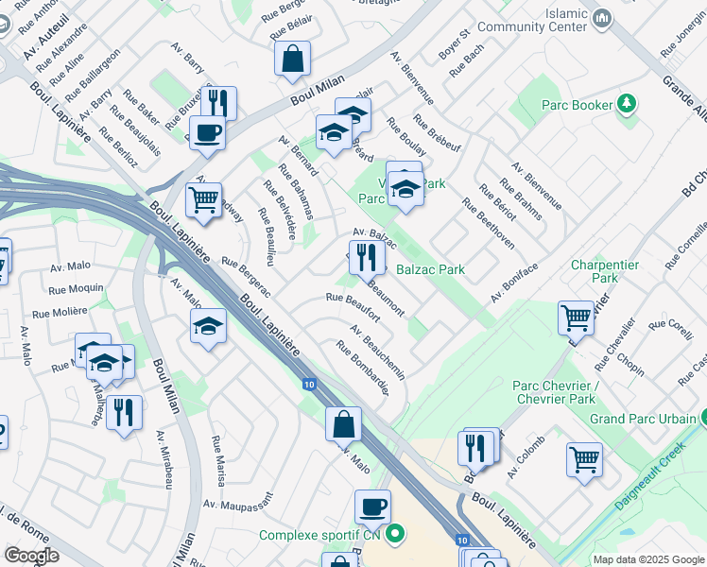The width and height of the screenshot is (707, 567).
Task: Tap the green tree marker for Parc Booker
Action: coord(627,104)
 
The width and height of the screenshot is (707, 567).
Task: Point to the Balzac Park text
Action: coord(430,269)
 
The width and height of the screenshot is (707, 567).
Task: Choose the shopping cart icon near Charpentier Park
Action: coord(576,318)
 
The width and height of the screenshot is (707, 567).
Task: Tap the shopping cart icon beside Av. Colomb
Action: coord(585,459)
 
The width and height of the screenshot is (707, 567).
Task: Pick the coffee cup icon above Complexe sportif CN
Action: coord(373,507)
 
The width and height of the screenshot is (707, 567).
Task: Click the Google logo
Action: coord(30,556)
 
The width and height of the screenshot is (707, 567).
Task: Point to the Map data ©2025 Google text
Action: coord(647,559)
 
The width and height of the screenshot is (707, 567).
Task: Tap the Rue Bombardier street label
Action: coord(362,369)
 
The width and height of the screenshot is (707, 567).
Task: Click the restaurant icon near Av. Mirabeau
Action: coord(124,412)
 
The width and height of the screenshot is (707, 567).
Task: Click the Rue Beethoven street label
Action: coord(488,223)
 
